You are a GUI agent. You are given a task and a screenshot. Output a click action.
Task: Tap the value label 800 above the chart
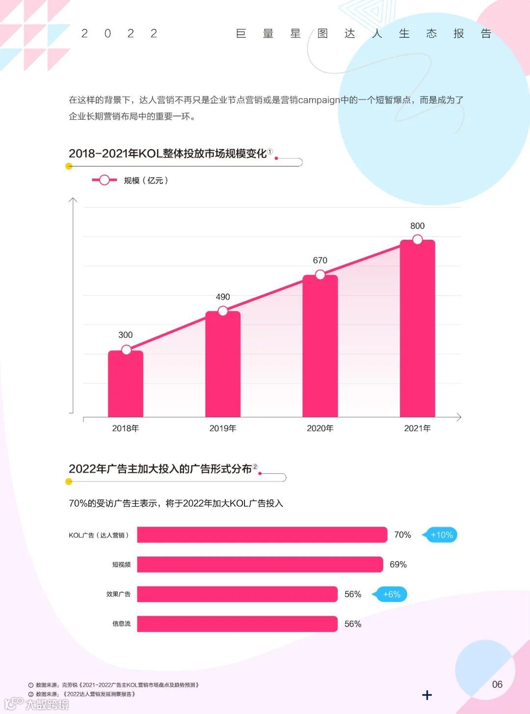pyautogui.click(x=417, y=226)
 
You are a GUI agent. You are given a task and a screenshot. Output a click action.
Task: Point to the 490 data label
pyautogui.click(x=223, y=297)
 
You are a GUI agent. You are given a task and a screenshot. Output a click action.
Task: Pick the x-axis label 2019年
pyautogui.click(x=223, y=429)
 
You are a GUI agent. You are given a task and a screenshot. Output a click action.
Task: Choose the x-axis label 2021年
pyautogui.click(x=417, y=429)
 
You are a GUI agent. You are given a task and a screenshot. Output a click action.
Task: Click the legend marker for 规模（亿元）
pyautogui.click(x=104, y=180)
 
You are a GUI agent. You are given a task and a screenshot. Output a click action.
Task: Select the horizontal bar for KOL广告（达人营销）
pyautogui.click(x=262, y=535)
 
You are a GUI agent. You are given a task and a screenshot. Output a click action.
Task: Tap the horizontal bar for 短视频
pyautogui.click(x=260, y=564)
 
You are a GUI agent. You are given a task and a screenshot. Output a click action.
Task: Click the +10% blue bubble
pyautogui.click(x=441, y=535)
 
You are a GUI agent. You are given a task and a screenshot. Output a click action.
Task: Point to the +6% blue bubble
pyautogui.click(x=391, y=594)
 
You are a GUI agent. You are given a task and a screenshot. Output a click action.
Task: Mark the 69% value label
pyautogui.click(x=398, y=565)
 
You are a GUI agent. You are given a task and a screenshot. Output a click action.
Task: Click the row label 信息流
pyautogui.click(x=121, y=624)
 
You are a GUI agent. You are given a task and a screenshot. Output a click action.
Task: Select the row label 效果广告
pyautogui.click(x=118, y=594)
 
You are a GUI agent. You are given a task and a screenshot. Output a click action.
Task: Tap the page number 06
pyautogui.click(x=497, y=685)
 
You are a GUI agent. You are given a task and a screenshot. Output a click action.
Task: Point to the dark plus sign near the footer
pyautogui.click(x=427, y=695)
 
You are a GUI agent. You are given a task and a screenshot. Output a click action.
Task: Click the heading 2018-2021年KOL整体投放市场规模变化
pyautogui.click(x=167, y=154)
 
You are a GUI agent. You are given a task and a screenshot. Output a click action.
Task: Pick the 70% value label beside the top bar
pyautogui.click(x=402, y=535)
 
